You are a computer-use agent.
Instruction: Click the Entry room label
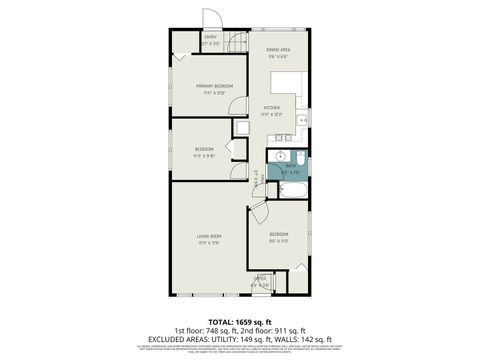(x=211, y=38)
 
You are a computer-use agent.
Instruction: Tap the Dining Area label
(x=278, y=50)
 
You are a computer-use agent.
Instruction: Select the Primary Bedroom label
(x=215, y=86)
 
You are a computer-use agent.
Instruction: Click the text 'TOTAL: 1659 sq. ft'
(x=239, y=320)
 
